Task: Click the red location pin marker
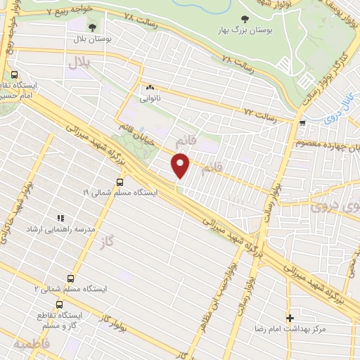point(181,165)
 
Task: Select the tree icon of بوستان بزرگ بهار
point(245,20)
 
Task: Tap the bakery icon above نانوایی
point(150,88)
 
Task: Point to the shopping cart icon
point(302,123)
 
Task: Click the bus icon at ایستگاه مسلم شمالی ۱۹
point(118,180)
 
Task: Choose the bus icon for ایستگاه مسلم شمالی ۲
point(70,278)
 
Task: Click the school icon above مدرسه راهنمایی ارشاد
point(61,219)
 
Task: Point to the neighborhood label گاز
point(108,242)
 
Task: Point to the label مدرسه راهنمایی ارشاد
point(61,230)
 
